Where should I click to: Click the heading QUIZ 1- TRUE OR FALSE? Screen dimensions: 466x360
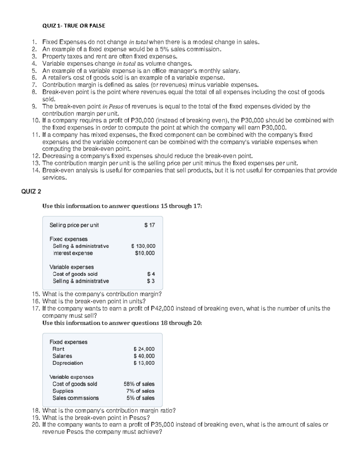(x=73, y=26)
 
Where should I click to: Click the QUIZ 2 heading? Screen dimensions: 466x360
(x=31, y=191)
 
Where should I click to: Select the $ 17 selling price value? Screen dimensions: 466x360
(x=149, y=225)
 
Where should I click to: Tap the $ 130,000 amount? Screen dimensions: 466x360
(x=143, y=246)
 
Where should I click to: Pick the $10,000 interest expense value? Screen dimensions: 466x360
(x=145, y=253)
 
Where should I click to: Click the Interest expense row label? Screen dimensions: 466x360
(x=73, y=253)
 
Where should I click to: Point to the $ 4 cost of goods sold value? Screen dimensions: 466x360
(x=151, y=274)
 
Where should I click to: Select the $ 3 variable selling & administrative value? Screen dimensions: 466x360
(x=151, y=281)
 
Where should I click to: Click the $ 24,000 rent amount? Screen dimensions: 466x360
(x=144, y=349)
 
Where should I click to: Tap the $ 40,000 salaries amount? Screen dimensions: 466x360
(x=144, y=356)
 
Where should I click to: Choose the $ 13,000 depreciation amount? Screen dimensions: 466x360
(x=144, y=363)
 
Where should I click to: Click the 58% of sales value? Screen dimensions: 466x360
(x=139, y=384)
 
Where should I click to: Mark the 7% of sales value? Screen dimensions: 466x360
(x=140, y=391)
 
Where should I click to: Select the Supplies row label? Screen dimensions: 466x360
(x=63, y=391)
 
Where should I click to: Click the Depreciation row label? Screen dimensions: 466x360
(x=67, y=363)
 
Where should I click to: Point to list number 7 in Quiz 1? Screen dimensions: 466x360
(x=34, y=85)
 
